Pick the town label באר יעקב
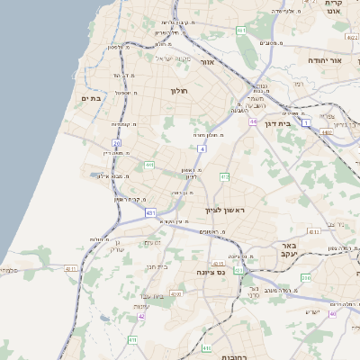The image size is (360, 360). (288, 249)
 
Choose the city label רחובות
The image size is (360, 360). (235, 354)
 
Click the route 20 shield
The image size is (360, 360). (116, 143)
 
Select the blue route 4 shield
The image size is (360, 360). (202, 148)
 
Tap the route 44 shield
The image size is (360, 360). (254, 121)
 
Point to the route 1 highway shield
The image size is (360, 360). (307, 121)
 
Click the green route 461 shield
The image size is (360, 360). (240, 31)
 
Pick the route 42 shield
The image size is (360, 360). (140, 316)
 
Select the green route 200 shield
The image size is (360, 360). (306, 278)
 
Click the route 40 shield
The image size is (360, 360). (333, 314)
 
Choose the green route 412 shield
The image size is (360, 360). (225, 176)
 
